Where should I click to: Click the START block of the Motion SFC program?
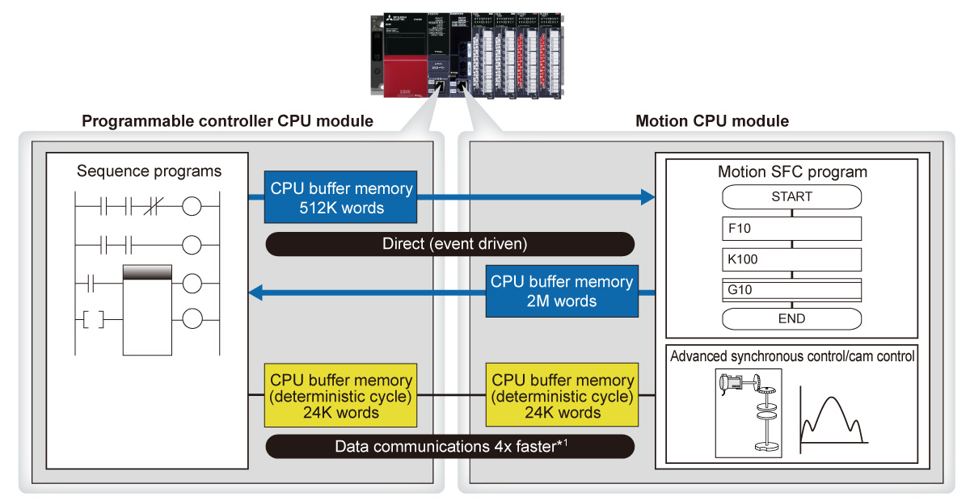791,196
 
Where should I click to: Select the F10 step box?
791,228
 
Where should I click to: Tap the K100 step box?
791,259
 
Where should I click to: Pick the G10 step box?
791,288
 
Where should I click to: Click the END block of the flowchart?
791,318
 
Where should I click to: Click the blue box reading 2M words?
562,292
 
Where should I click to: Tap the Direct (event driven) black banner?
450,243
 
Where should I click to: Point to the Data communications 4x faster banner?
450,446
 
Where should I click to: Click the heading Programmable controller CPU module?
228,121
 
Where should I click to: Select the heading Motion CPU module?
712,121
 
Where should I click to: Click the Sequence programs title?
149,171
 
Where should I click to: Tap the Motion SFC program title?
791,172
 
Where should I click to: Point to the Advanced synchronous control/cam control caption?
791,356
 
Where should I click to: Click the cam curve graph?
832,416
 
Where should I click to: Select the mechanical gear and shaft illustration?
749,412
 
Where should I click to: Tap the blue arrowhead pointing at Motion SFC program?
647,196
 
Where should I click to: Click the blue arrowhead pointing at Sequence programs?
255,293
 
